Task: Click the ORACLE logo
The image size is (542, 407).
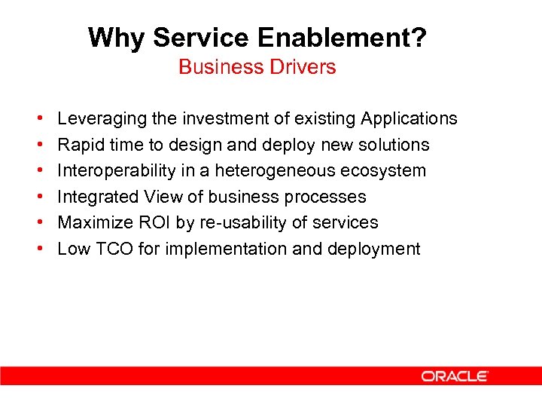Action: click(x=455, y=376)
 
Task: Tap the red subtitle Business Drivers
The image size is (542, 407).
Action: click(x=257, y=67)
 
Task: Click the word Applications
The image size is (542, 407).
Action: click(x=409, y=119)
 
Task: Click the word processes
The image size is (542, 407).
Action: click(x=329, y=197)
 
